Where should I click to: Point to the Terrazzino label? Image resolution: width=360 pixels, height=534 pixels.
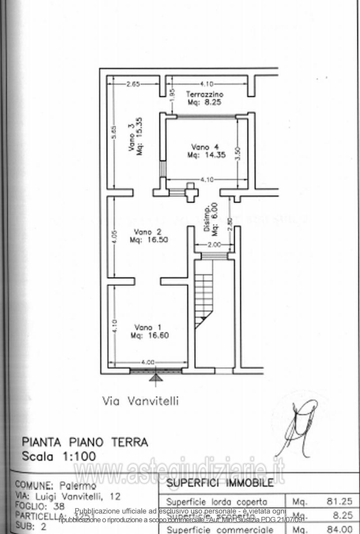click(x=205, y=98)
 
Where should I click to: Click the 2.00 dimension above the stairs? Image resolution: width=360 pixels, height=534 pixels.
click(x=214, y=245)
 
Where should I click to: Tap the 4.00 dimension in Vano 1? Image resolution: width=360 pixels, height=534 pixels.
click(x=148, y=362)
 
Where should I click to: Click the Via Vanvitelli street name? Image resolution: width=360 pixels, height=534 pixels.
click(x=140, y=401)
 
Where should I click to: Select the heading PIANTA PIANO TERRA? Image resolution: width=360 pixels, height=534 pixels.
click(x=85, y=442)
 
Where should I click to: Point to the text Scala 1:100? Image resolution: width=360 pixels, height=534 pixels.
click(x=59, y=456)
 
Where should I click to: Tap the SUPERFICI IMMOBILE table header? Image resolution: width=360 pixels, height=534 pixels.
click(x=220, y=483)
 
